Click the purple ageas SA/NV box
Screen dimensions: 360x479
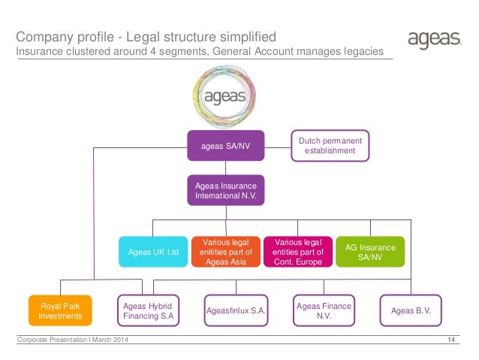225,146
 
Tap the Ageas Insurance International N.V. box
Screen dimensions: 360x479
225,190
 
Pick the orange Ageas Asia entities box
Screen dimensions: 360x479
227,251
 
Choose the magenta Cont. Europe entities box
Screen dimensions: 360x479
297,251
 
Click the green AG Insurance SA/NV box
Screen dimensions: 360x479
369,251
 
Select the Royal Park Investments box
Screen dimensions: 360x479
59,310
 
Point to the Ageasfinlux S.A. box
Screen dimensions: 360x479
236,310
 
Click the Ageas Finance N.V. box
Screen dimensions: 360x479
324,310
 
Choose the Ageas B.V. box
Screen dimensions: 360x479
411,310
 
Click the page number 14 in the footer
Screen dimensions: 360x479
451,343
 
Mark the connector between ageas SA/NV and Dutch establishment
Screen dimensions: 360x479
277,146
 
